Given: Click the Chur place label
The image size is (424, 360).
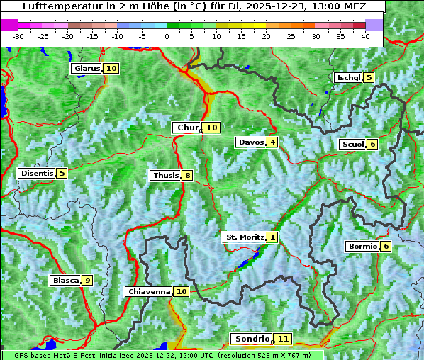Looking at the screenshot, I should tap(187, 128).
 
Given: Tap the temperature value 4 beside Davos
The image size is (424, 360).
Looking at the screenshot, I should tap(272, 142).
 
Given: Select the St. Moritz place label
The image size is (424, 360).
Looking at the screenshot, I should tap(244, 237).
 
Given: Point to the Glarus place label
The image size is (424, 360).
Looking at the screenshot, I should tap(86, 69).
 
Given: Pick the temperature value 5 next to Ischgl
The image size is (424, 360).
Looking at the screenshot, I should tap(369, 77).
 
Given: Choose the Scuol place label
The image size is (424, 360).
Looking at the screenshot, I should tap(352, 145).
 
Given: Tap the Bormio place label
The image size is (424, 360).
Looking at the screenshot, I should tap(362, 247).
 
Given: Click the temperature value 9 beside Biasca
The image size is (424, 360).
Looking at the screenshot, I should tap(87, 281).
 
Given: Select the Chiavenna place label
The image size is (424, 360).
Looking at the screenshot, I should tap(149, 291).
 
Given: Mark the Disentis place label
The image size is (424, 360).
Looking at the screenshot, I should tap(37, 173).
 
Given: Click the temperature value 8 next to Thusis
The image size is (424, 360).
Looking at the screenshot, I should tap(187, 175).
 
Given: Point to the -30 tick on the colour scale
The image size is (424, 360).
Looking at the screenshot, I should tap(18, 36).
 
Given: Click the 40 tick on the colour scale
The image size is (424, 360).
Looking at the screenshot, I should tap(365, 36).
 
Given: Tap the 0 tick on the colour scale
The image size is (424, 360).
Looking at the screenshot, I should tap(167, 36).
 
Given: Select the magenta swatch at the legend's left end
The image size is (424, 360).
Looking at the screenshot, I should tap(10, 25).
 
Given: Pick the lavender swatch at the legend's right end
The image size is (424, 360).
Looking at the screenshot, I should tap(374, 25).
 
